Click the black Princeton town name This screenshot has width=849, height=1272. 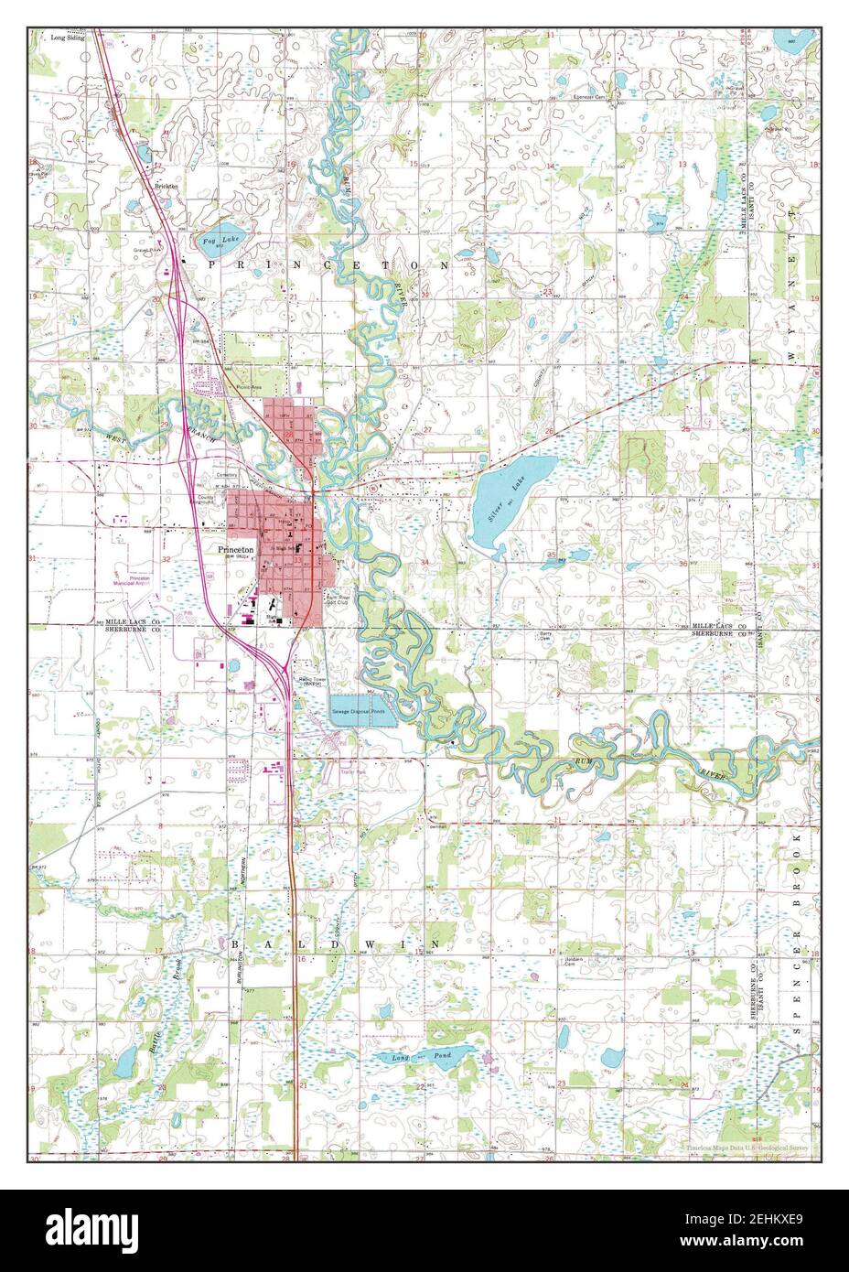233,550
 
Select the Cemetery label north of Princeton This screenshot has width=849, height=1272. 227,475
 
